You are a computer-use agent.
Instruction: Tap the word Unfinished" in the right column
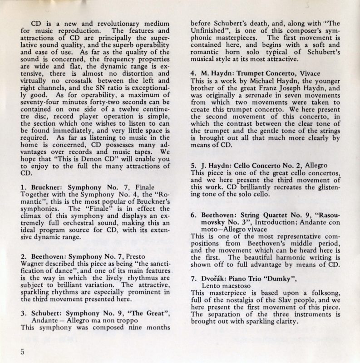pos(210,32)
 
